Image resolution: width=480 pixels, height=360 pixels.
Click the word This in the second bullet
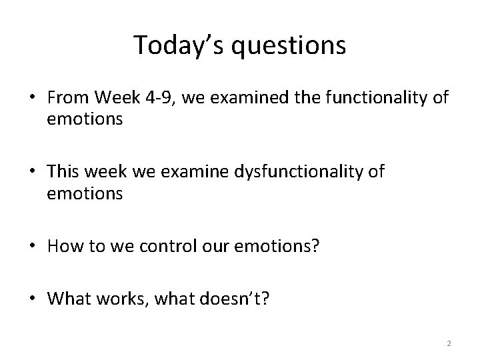point(63,173)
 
